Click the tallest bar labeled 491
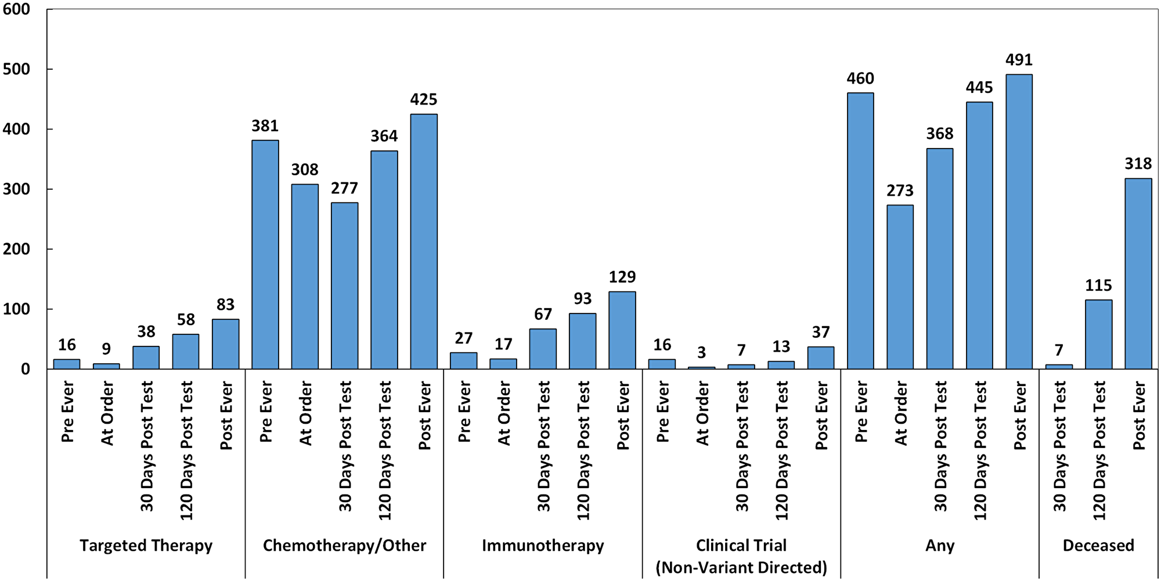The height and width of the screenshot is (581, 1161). [x=1019, y=221]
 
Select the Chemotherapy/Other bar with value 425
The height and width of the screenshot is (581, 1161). [x=424, y=241]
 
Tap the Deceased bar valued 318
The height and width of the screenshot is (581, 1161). [x=1138, y=273]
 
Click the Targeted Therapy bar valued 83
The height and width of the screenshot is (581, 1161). [x=225, y=344]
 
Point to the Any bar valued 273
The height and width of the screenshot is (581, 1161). [x=900, y=287]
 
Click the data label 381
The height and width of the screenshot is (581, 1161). [x=265, y=126]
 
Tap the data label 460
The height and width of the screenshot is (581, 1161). [x=860, y=78]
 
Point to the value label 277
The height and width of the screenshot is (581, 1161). [x=344, y=188]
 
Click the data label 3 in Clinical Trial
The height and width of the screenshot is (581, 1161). [x=701, y=352]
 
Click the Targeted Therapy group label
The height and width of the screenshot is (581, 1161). [x=146, y=546]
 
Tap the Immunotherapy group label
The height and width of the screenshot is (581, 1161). [x=543, y=546]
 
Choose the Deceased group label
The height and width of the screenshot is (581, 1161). [x=1098, y=546]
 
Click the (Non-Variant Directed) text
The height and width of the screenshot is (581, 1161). [x=741, y=567]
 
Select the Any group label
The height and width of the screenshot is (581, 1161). [x=939, y=546]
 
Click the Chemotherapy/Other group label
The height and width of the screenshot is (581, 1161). [x=344, y=546]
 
